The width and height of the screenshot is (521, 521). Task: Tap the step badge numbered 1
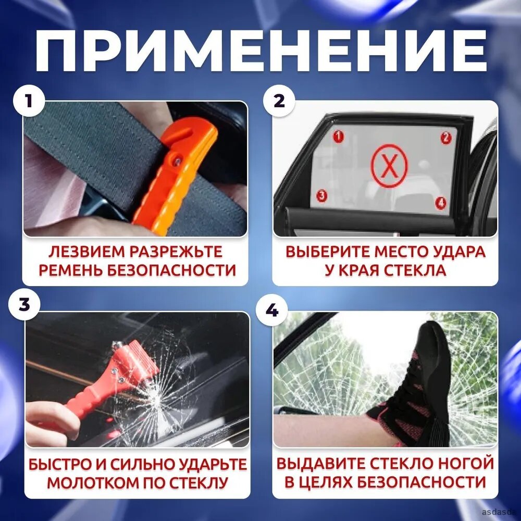29,101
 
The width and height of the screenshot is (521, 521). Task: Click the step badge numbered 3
24,304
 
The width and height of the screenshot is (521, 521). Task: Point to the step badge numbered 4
272,311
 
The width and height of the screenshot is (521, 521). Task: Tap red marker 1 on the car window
338,136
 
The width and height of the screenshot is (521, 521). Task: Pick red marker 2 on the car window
446,138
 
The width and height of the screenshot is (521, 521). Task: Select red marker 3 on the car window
321,195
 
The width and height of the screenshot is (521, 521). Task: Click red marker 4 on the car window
441,202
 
